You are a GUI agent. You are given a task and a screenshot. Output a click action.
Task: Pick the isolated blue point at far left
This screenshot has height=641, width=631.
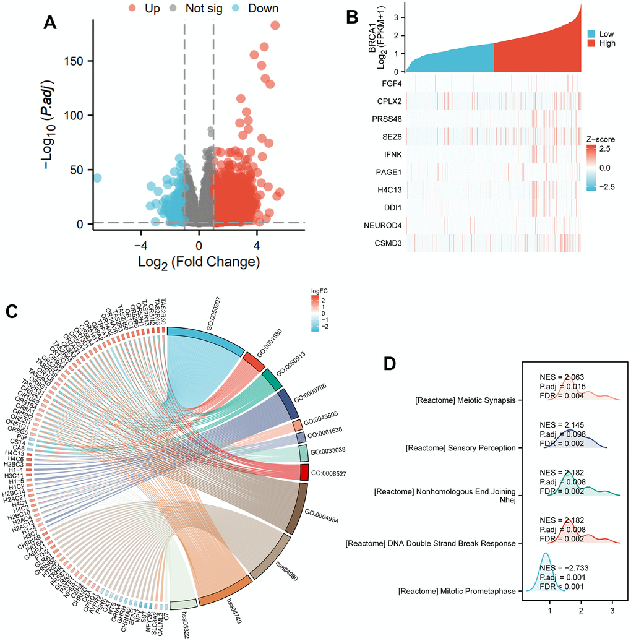(97, 178)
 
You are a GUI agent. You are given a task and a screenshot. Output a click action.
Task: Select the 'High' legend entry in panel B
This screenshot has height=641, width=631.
(607, 43)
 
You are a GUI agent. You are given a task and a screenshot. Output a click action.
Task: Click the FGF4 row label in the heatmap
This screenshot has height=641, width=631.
(393, 83)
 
